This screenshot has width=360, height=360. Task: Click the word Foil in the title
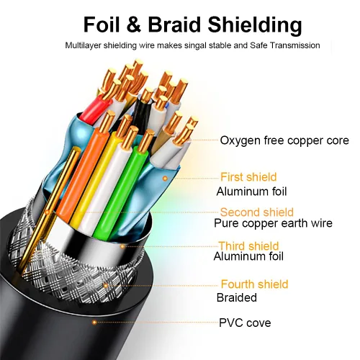(x=102, y=24)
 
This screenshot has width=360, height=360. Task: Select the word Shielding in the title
(x=255, y=25)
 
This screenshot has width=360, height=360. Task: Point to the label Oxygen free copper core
(x=284, y=140)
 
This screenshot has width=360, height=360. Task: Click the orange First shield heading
(x=248, y=177)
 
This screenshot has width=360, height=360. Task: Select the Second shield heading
(x=257, y=212)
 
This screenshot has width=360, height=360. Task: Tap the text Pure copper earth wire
(x=273, y=223)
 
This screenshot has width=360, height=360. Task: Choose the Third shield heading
(x=248, y=246)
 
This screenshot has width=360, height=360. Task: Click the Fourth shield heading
(x=254, y=284)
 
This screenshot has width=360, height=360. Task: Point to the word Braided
(x=237, y=297)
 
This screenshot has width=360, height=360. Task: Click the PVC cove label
(x=245, y=323)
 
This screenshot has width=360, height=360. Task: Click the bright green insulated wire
(x=118, y=192)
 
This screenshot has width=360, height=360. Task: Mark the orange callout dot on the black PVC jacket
(x=94, y=322)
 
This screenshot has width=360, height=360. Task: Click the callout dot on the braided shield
(x=105, y=285)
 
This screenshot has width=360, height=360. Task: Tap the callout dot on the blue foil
(x=165, y=179)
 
